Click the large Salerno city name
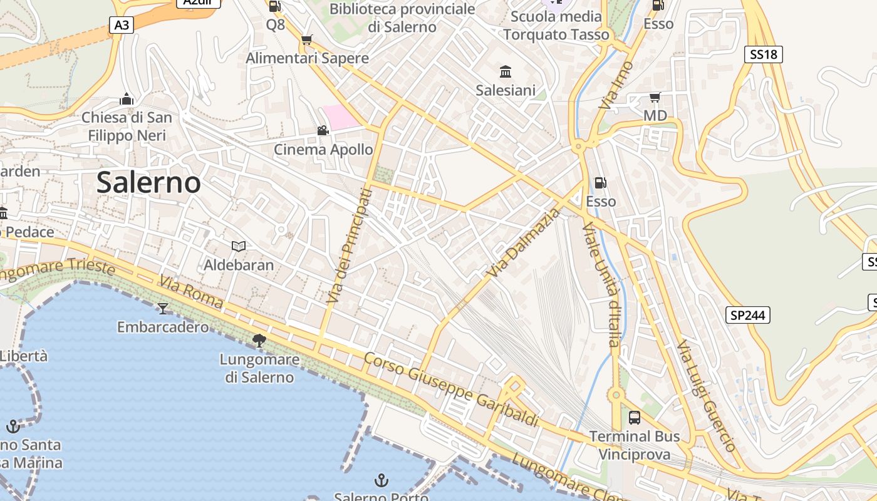click(148, 182)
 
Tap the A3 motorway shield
click(122, 25)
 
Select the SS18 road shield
click(764, 54)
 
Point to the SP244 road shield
click(748, 315)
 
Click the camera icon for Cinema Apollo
click(323, 131)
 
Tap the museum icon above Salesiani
click(506, 71)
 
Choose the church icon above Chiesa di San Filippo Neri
click(127, 99)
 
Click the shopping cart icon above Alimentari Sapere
click(306, 40)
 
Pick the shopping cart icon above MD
click(655, 97)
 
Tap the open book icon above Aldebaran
click(239, 246)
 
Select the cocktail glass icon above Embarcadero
click(163, 308)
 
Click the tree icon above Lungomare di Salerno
click(259, 341)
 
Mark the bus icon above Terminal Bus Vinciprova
click(634, 417)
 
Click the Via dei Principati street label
click(349, 246)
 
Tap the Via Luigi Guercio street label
click(706, 396)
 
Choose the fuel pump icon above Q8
click(274, 6)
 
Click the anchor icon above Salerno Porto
click(381, 480)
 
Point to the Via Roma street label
click(191, 292)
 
